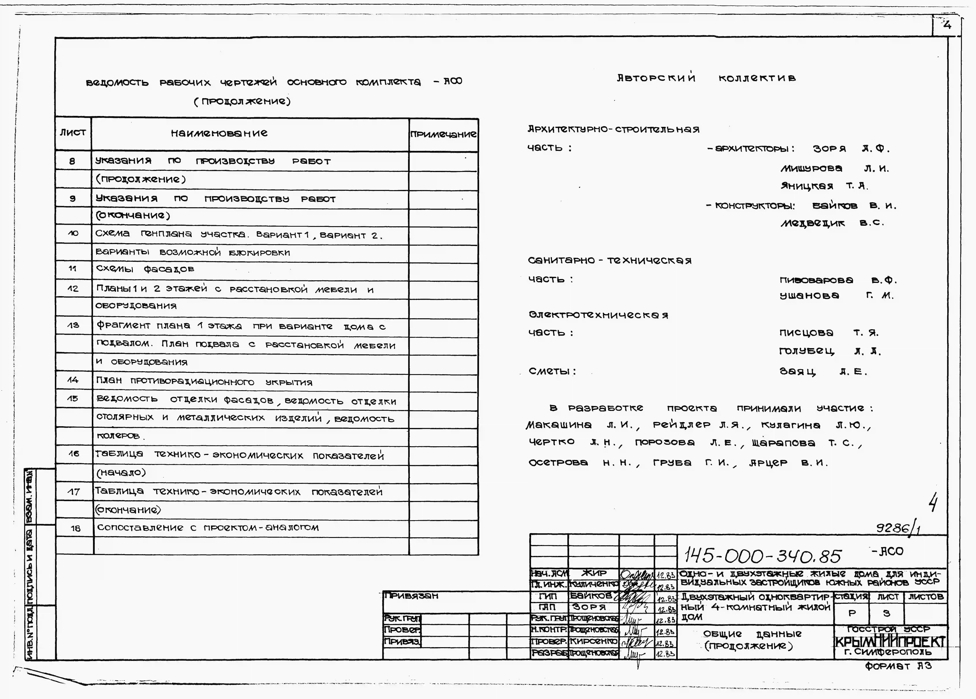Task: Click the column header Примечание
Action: pyautogui.click(x=443, y=134)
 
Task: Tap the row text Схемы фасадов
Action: pyautogui.click(x=145, y=269)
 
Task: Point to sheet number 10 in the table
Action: pyautogui.click(x=73, y=233)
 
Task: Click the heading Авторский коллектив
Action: pyautogui.click(x=706, y=78)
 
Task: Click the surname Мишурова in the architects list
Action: pyautogui.click(x=811, y=168)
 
